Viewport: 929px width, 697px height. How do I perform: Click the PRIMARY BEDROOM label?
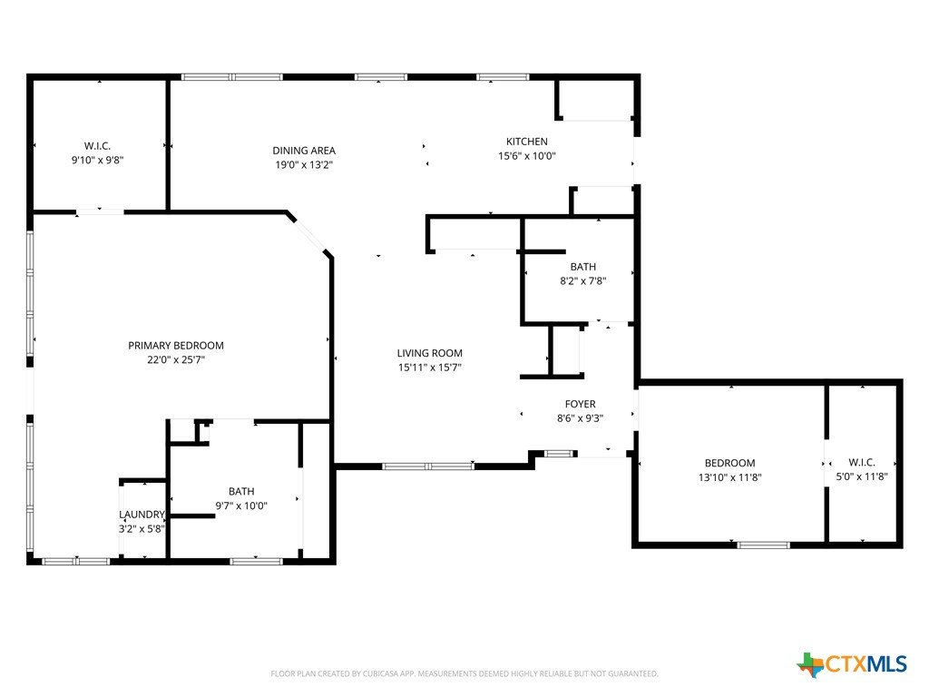(x=176, y=346)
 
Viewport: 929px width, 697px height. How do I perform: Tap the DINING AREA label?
(x=304, y=151)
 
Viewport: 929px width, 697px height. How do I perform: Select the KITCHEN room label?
(x=527, y=142)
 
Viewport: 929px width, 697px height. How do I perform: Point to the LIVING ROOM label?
(x=429, y=353)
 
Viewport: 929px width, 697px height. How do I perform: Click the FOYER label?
(x=580, y=404)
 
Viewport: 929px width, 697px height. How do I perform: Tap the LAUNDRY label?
(x=142, y=515)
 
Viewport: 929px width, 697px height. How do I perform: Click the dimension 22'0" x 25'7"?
(x=176, y=359)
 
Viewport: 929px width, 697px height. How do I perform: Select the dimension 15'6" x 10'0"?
(x=527, y=156)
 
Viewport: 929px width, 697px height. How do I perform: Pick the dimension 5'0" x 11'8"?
(x=862, y=476)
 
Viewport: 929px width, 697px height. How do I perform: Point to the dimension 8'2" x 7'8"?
(x=583, y=281)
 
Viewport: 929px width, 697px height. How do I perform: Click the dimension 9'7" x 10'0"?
(x=241, y=506)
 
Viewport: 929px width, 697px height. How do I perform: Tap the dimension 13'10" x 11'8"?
(x=730, y=477)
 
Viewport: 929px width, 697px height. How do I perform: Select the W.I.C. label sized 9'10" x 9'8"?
(x=97, y=146)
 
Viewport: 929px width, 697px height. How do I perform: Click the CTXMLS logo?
(x=852, y=663)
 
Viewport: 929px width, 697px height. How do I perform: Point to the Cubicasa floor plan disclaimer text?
(x=464, y=674)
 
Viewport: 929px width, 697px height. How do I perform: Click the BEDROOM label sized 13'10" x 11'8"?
(x=730, y=463)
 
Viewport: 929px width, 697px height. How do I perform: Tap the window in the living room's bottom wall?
(x=428, y=466)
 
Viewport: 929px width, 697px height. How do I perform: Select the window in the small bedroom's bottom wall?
(x=763, y=545)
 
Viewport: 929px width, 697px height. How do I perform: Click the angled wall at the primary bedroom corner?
(x=309, y=234)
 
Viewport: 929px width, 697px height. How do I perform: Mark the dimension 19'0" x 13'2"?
(x=304, y=165)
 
